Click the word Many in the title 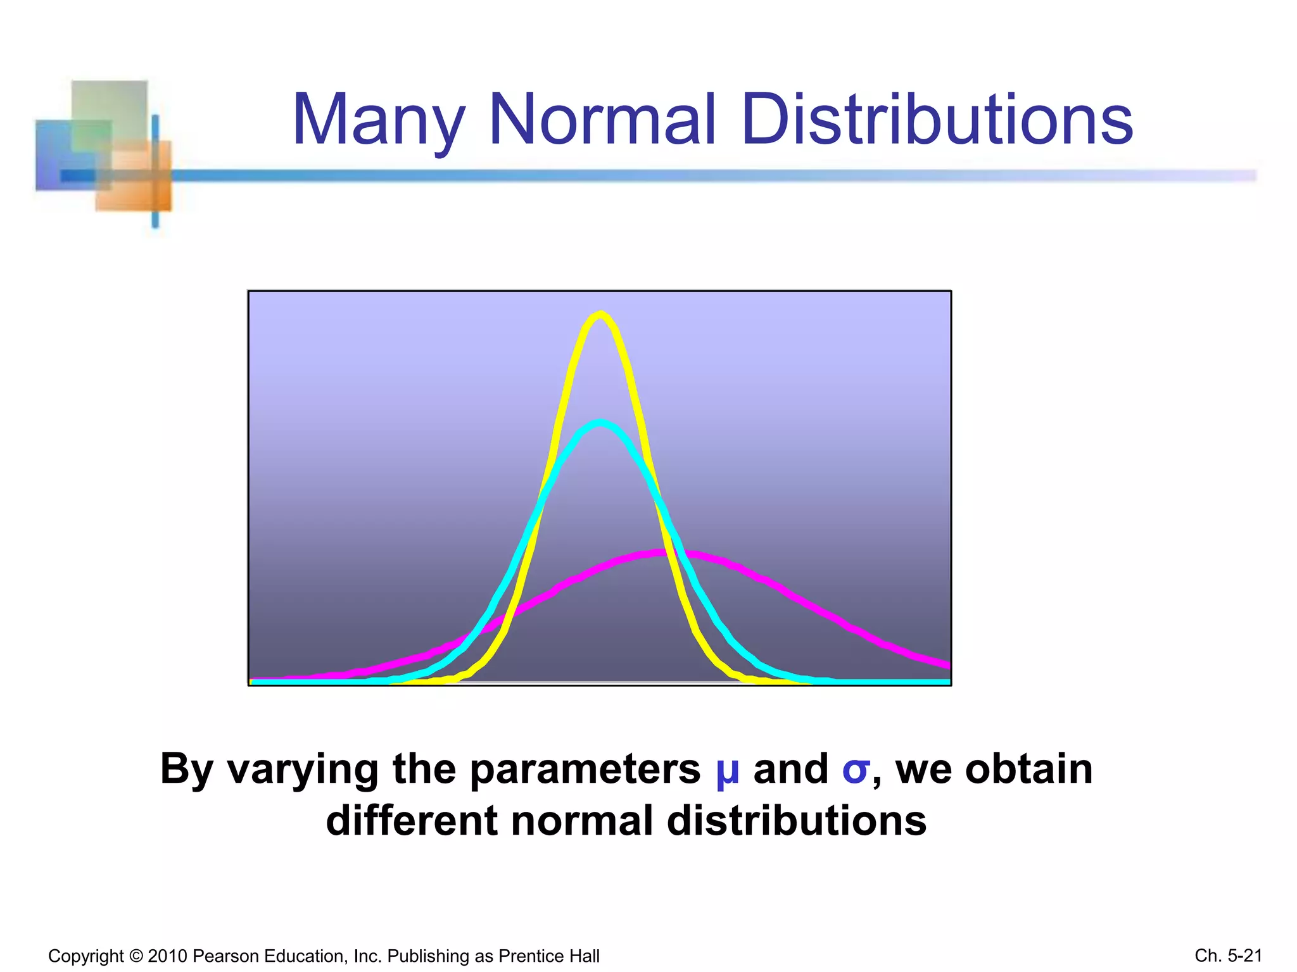click(x=378, y=120)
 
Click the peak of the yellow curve click(x=600, y=314)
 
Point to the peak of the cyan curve click(x=600, y=423)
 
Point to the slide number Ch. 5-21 click(x=1228, y=955)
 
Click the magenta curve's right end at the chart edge click(x=947, y=665)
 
